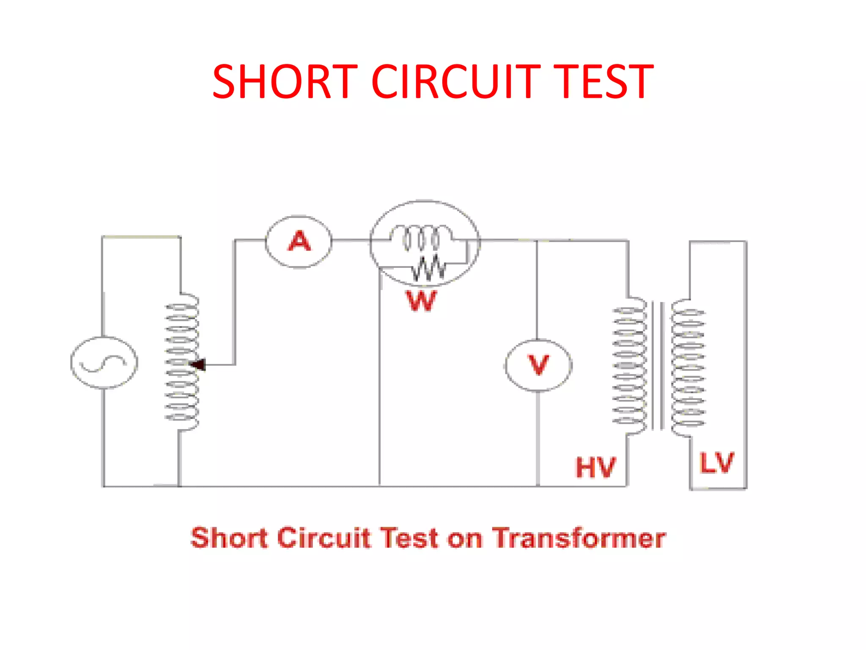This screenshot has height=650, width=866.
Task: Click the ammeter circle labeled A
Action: tap(299, 242)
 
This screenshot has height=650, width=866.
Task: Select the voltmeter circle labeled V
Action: tap(538, 365)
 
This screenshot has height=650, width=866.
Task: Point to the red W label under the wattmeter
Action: tap(421, 301)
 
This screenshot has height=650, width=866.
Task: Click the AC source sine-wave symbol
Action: tap(104, 363)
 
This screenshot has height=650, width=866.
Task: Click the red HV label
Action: tap(596, 468)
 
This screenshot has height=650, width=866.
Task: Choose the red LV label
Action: tap(716, 463)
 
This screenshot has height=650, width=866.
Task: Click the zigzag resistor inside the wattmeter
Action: tap(428, 269)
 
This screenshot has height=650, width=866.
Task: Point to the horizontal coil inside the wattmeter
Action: tap(421, 237)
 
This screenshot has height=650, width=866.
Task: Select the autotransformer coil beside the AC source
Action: tap(182, 362)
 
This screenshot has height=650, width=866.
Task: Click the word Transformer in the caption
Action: tap(579, 538)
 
